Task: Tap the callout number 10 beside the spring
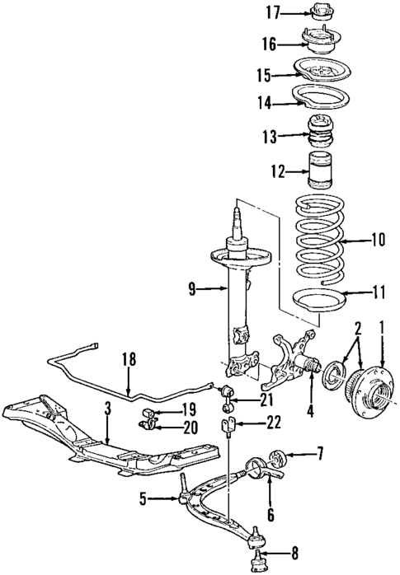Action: tap(379, 241)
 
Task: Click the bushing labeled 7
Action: tap(279, 454)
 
